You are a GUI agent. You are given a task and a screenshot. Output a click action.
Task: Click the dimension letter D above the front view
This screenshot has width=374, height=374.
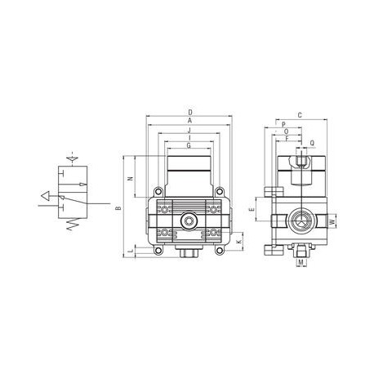pos(189,111)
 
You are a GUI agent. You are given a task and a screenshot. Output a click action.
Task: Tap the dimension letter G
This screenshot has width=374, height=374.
pos(189,145)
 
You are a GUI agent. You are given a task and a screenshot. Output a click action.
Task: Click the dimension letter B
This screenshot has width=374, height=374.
pos(118,209)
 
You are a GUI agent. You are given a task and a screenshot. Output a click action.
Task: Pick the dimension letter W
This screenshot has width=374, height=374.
pos(332,221)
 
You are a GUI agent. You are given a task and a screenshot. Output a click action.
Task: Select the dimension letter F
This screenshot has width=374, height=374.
pos(287,139)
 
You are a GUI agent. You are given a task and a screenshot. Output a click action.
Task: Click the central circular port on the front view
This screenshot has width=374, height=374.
pos(189,220)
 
